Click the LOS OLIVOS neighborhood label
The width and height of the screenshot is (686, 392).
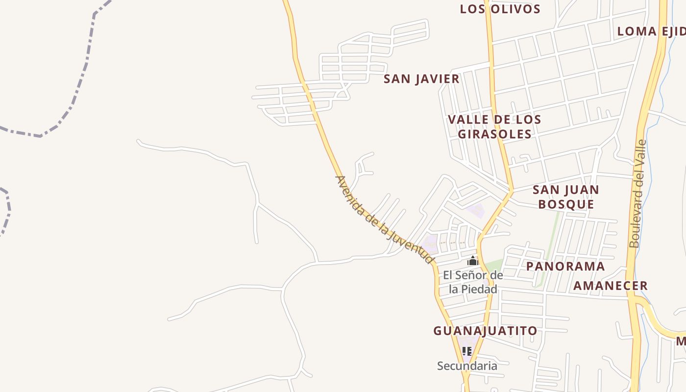(500, 9)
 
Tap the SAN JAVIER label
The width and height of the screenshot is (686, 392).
(421, 79)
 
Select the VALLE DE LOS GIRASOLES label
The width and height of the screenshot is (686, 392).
(494, 126)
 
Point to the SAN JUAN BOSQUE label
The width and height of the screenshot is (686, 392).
(566, 197)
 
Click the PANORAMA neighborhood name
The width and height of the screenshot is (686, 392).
(565, 266)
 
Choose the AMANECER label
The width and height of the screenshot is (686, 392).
(611, 286)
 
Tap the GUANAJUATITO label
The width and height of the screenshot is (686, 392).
(485, 331)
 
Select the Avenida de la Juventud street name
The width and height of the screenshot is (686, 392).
(385, 220)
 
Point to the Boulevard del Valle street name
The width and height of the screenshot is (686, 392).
(637, 194)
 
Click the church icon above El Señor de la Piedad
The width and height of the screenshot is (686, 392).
(472, 261)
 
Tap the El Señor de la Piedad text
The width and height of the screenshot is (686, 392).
(473, 282)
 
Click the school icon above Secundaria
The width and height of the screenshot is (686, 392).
(466, 351)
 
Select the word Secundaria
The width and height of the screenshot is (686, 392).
(466, 366)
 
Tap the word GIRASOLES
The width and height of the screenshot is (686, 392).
(495, 134)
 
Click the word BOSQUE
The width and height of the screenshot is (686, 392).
(566, 204)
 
